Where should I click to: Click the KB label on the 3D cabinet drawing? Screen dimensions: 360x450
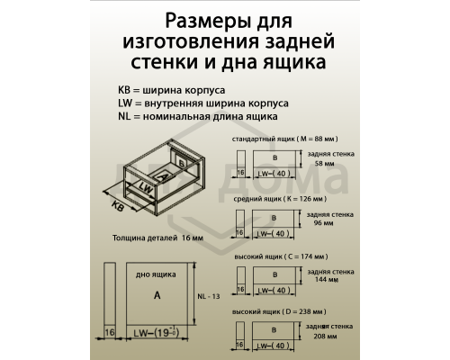117,205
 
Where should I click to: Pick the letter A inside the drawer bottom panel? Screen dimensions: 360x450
157,294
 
